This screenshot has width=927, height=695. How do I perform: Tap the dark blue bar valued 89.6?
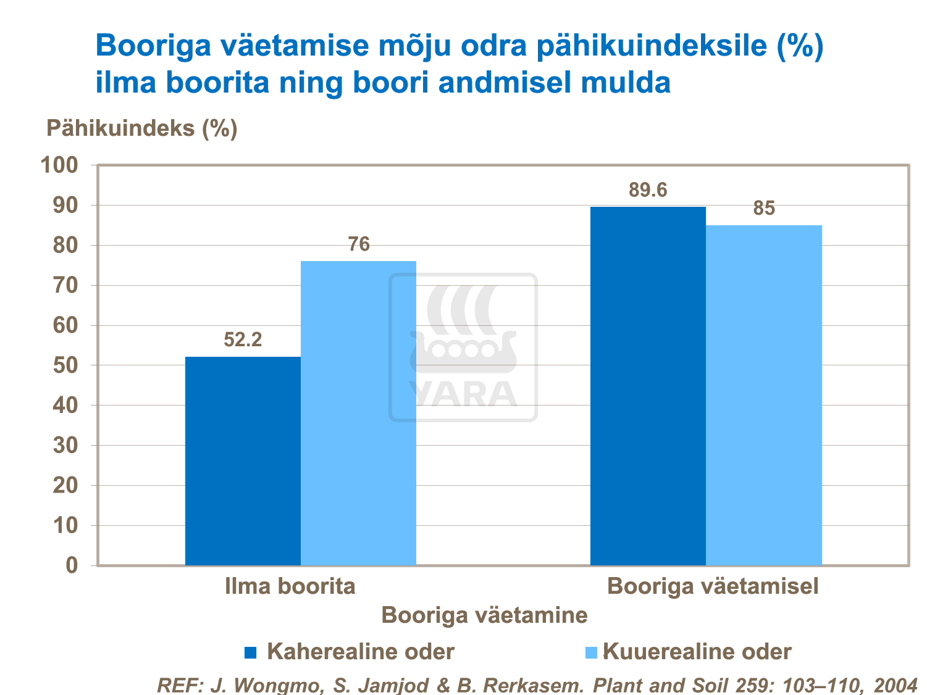648,386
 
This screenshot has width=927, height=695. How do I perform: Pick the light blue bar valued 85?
764,395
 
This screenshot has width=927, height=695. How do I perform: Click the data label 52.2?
243,339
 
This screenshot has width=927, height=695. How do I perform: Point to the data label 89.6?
648,190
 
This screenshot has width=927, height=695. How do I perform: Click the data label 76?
359,244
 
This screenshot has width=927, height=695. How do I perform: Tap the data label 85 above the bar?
764,209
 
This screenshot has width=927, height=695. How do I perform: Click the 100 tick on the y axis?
59,165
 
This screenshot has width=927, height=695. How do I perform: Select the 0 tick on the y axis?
72,565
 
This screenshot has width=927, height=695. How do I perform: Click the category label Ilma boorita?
290,586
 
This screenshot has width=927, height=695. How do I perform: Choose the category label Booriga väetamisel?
713,586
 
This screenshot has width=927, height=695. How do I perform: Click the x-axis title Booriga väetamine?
484,615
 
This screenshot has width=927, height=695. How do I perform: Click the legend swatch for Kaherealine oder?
251,652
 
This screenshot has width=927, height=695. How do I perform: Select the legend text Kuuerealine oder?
697,652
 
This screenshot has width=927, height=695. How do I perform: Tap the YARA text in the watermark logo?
463,394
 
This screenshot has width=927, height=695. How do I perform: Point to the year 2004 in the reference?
896,685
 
